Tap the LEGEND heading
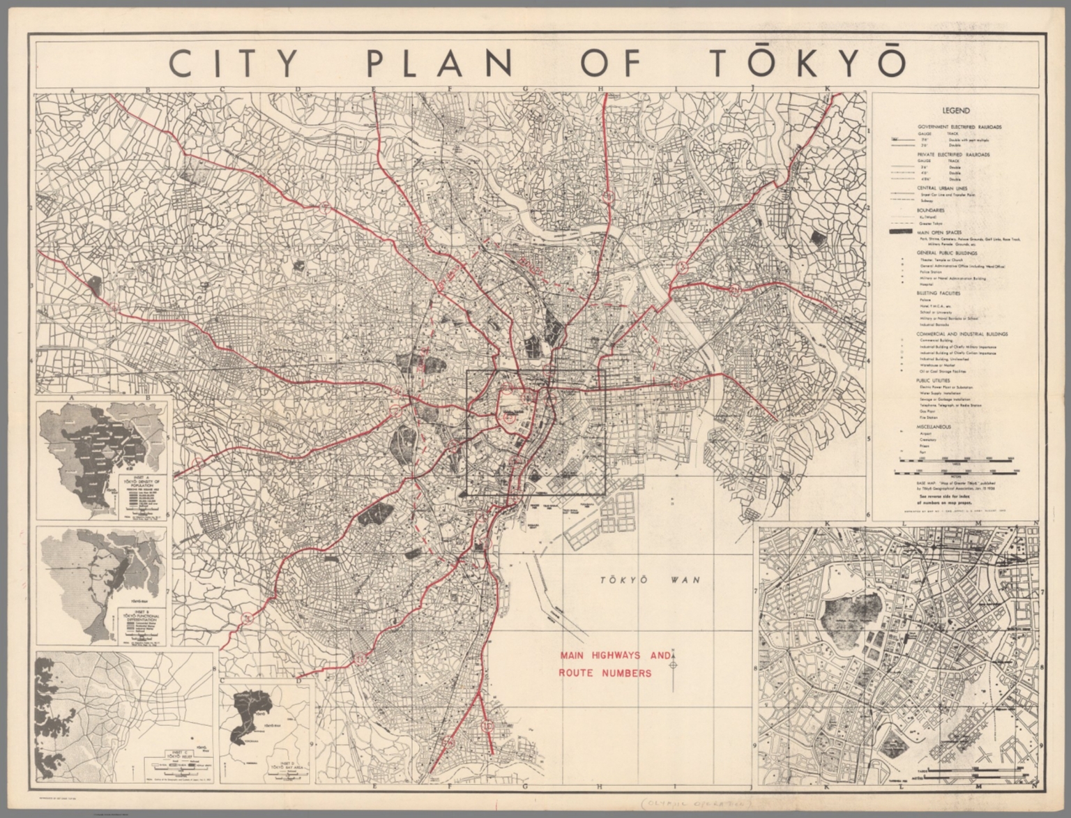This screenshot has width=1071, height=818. point(955,110)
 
